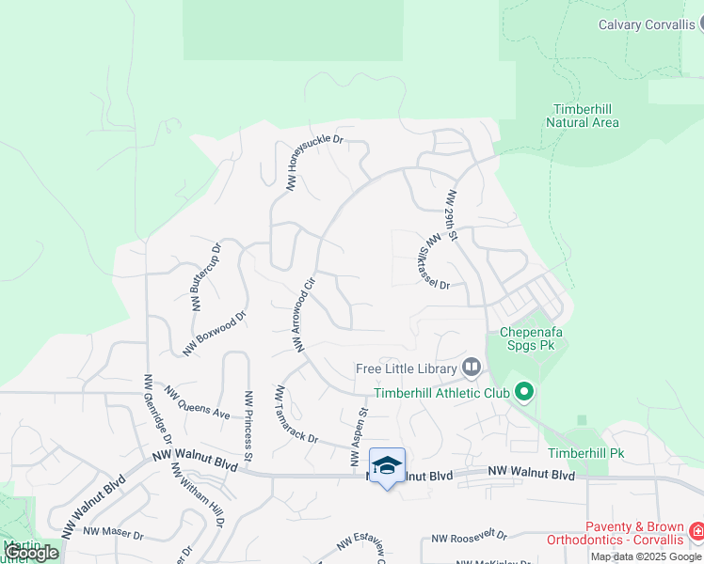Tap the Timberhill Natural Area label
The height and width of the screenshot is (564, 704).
click(x=584, y=116)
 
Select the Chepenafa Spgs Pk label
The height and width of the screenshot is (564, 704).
click(x=534, y=338)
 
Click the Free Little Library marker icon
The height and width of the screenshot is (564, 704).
click(x=472, y=368)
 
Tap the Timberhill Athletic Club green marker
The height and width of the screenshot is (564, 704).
click(x=524, y=393)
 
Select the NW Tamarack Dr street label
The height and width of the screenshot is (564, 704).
click(x=297, y=415)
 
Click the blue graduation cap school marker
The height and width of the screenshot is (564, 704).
click(x=387, y=466)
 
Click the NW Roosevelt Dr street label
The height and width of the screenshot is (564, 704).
click(x=469, y=539)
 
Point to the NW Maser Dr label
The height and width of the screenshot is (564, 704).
click(x=112, y=535)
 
